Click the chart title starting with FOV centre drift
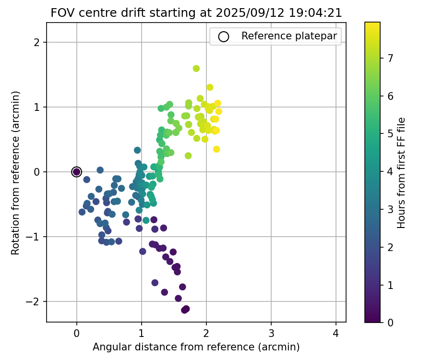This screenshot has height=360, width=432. (x=196, y=13)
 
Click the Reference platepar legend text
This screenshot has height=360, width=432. (x=289, y=36)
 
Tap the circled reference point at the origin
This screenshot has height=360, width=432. (x=77, y=172)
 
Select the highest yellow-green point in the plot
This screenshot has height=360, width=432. (x=196, y=69)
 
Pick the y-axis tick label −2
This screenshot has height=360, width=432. (x=37, y=302)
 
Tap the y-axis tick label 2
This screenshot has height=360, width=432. (x=40, y=43)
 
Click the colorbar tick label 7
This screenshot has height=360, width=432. (x=390, y=59)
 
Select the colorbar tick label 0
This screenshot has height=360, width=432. (x=390, y=323)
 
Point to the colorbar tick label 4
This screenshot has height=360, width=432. (x=390, y=171)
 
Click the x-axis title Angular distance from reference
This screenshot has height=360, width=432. (x=196, y=347)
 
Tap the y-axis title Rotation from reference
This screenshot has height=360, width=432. (x=16, y=172)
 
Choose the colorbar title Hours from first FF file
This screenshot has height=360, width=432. (x=402, y=172)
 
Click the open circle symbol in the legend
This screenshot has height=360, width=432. (x=224, y=36)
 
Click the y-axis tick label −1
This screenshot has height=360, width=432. (x=37, y=237)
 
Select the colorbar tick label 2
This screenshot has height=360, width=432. (x=390, y=247)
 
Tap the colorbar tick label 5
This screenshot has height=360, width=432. (x=390, y=134)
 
